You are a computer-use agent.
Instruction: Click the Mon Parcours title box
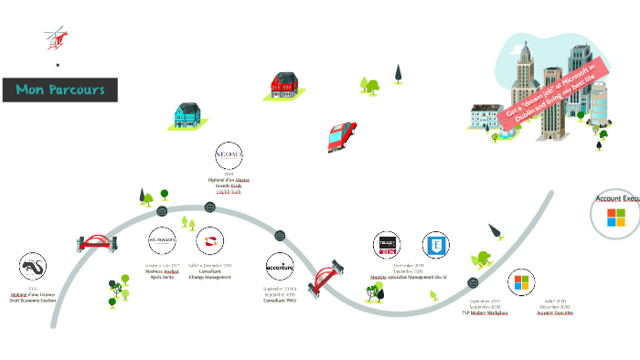pyautogui.click(x=60, y=90)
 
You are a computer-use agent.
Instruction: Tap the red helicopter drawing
pyautogui.click(x=56, y=39)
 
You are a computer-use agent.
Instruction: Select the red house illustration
pyautogui.click(x=285, y=85)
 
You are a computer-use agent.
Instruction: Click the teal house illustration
pyautogui.click(x=187, y=114)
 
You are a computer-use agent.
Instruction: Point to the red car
pyautogui.click(x=341, y=135)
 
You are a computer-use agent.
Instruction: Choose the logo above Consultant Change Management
pyautogui.click(x=209, y=242)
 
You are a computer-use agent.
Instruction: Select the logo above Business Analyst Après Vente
pyautogui.click(x=161, y=240)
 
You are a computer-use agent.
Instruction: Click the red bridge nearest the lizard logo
pyautogui.click(x=95, y=244)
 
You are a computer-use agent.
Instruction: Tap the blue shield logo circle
pyautogui.click(x=436, y=245)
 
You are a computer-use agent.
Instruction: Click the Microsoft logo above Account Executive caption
pyautogui.click(x=522, y=282)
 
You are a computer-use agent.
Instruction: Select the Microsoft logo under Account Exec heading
pyautogui.click(x=616, y=217)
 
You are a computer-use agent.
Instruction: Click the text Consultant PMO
pyautogui.click(x=279, y=301)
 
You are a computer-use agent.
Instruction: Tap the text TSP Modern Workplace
pyautogui.click(x=485, y=312)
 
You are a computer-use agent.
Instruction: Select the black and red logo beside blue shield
pyautogui.click(x=387, y=245)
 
